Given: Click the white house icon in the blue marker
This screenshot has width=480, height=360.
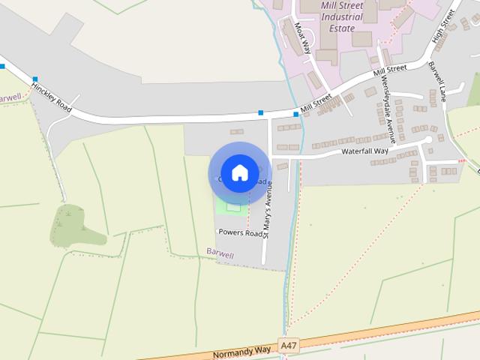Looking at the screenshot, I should pyautogui.click(x=239, y=172).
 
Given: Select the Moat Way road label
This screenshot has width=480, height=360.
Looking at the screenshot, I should pyautogui.click(x=302, y=38).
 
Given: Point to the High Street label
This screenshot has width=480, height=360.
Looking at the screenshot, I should pyautogui.click(x=443, y=30).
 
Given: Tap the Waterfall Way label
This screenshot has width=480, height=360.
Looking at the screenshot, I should pyautogui.click(x=365, y=151).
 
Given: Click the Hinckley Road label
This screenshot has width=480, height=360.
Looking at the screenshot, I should pyautogui.click(x=52, y=97).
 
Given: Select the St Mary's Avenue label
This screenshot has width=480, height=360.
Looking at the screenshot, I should pyautogui.click(x=265, y=209).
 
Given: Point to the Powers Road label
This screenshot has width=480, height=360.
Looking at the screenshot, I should pyautogui.click(x=240, y=232).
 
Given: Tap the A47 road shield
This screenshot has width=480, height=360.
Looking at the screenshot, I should pyautogui.click(x=287, y=345).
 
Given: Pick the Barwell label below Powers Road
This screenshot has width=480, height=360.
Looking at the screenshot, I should pyautogui.click(x=220, y=255).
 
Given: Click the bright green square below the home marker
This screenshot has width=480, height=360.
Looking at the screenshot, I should pyautogui.click(x=233, y=205).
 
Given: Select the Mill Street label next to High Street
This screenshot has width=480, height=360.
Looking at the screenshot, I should pyautogui.click(x=389, y=72).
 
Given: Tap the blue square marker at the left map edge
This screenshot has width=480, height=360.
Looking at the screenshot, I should pyautogui.click(x=2, y=67).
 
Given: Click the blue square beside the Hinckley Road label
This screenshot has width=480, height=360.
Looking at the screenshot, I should pyautogui.click(x=34, y=79).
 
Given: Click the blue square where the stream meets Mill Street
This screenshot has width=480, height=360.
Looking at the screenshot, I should pyautogui.click(x=295, y=114).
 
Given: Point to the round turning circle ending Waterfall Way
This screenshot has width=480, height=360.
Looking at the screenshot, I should pyautogui.click(x=429, y=140).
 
